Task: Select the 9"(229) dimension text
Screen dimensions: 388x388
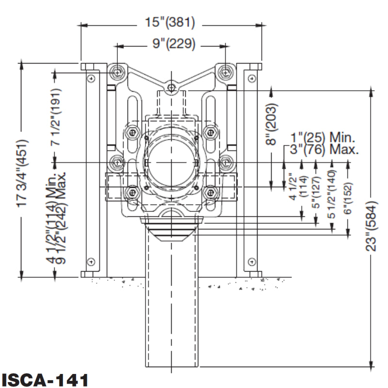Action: pyautogui.click(x=170, y=45)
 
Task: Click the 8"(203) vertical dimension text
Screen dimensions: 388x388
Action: pyautogui.click(x=273, y=123)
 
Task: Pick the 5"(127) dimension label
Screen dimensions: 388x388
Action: pyautogui.click(x=316, y=190)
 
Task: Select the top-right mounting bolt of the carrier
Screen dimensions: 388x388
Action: pyautogui.click(x=225, y=72)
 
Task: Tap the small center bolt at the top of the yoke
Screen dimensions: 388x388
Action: pyautogui.click(x=171, y=88)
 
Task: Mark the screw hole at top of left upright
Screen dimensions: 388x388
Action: pyautogui.click(x=90, y=78)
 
